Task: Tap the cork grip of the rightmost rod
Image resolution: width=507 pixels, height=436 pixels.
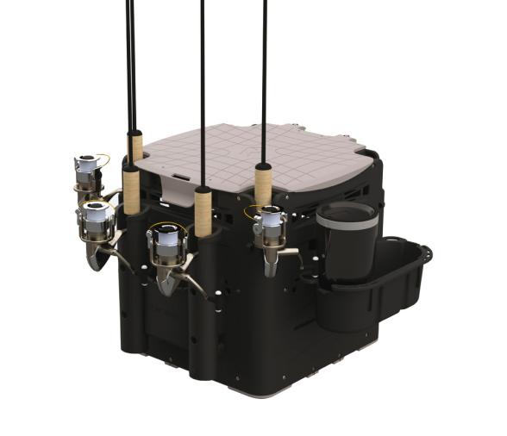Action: pyautogui.click(x=263, y=184)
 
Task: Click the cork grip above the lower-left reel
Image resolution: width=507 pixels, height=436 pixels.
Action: pyautogui.click(x=130, y=190)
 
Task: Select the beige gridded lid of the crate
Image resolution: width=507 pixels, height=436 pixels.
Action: pyautogui.click(x=259, y=155)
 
